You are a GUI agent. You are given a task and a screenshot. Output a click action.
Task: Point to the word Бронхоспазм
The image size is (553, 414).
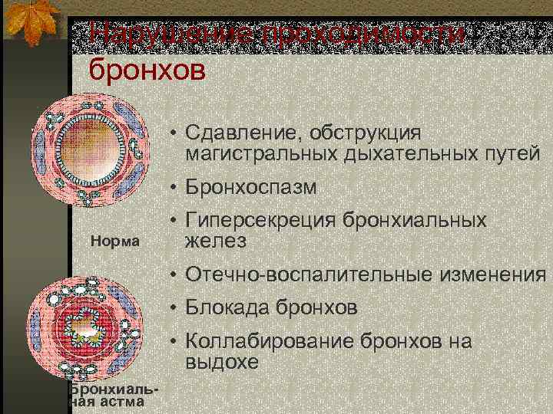[x=250, y=188]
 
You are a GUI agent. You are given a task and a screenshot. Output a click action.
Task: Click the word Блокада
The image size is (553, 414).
[x=227, y=307]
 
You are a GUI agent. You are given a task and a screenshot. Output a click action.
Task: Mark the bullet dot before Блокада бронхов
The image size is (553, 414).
[x=176, y=308]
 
